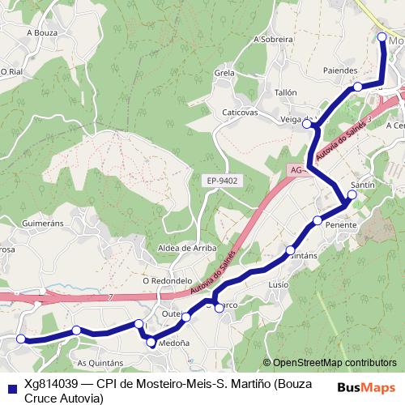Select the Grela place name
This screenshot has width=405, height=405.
pyautogui.click(x=224, y=73)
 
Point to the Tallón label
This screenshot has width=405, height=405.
pyautogui.click(x=287, y=93)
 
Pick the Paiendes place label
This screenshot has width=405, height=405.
pyautogui.click(x=339, y=70)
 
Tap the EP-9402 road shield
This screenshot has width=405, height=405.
pyautogui.click(x=222, y=181)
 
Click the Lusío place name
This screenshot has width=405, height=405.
pyautogui.click(x=278, y=285)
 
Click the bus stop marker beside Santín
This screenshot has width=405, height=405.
pyautogui.click(x=352, y=194)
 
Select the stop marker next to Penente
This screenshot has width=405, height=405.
pyautogui.click(x=318, y=220)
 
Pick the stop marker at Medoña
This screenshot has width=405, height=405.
pyautogui.click(x=151, y=343)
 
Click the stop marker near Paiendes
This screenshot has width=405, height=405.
pyautogui.click(x=357, y=87)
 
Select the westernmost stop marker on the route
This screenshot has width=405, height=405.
pyautogui.click(x=22, y=339)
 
